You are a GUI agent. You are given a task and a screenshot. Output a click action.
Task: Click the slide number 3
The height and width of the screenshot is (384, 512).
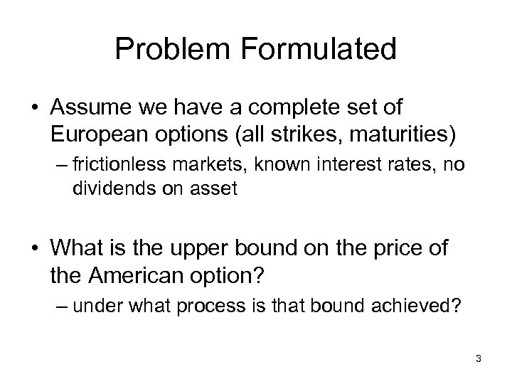[x=479, y=359]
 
